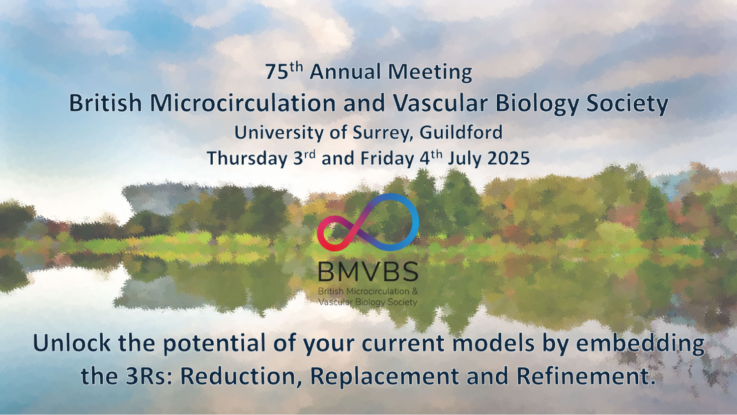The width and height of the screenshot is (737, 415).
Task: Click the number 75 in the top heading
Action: [277, 72]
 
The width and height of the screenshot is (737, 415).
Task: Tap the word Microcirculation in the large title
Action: [243, 103]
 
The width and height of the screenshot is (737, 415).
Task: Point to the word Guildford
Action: [461, 132]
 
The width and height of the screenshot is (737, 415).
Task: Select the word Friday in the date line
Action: [387, 158]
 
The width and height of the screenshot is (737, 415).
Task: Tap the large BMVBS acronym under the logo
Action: [368, 272]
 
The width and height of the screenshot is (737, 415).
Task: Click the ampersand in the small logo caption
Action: [415, 291]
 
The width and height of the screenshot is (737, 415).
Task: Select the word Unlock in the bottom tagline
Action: [72, 343]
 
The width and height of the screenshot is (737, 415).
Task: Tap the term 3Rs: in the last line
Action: [149, 376]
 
